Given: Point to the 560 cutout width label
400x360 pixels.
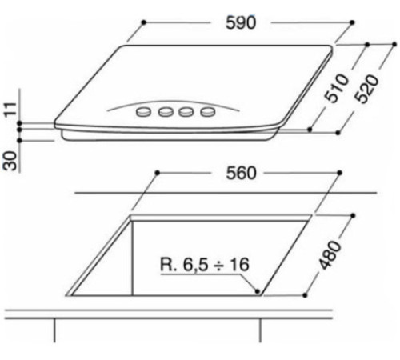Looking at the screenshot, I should coord(239,174).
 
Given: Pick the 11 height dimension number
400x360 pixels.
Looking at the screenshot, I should coord(10,110).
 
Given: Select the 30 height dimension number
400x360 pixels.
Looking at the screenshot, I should coord(10,159).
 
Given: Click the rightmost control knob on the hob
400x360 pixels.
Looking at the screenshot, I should coord(207,111).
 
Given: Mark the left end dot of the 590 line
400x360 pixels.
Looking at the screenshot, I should coord(138,24).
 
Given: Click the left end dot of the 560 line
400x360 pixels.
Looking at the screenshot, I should coord(157,173).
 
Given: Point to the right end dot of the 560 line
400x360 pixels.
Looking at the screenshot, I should coord(341,173).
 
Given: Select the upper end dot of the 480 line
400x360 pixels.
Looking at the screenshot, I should coord(353,214).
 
